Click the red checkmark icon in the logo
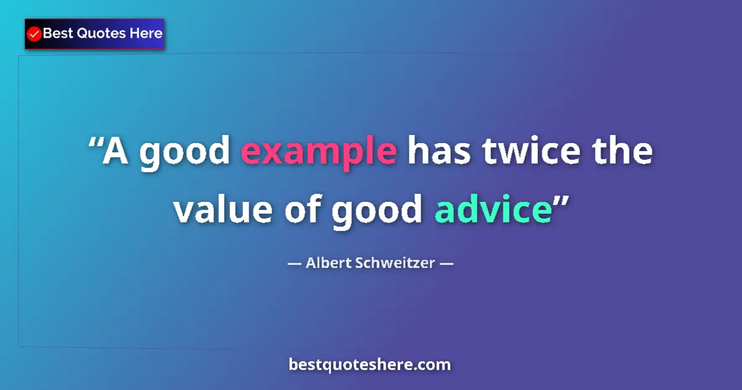pyautogui.click(x=35, y=34)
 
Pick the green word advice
pyautogui.click(x=492, y=210)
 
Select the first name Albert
pyautogui.click(x=328, y=262)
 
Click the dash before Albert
pyautogui.click(x=294, y=263)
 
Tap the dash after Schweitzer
pyautogui.click(x=446, y=263)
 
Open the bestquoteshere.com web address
pyautogui.click(x=370, y=365)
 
